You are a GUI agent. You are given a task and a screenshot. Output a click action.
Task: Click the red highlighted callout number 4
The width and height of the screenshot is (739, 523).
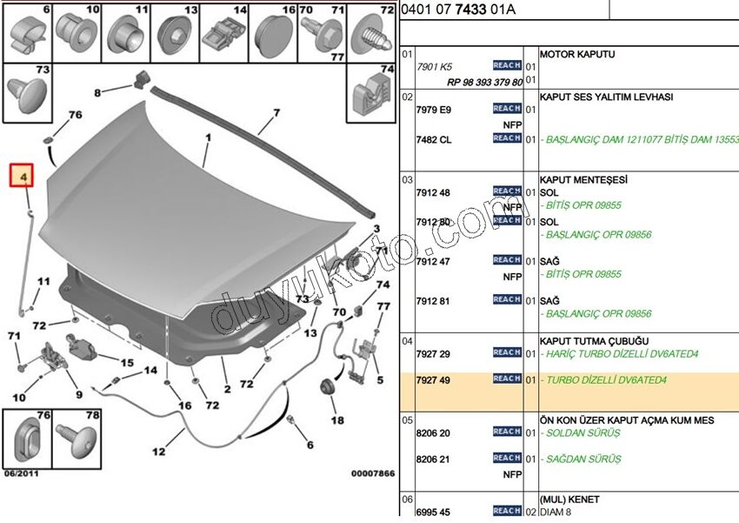click(23, 178)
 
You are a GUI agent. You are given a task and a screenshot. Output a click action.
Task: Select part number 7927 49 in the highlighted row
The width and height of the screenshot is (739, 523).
click(432, 379)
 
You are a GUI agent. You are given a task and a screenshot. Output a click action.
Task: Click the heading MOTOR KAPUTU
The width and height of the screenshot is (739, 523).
click(576, 54)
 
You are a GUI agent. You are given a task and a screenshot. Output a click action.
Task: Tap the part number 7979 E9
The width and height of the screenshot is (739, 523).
click(433, 110)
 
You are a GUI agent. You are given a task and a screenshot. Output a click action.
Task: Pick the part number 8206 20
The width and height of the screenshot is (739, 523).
click(432, 432)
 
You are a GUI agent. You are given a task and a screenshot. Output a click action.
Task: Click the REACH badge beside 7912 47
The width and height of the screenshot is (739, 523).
click(506, 260)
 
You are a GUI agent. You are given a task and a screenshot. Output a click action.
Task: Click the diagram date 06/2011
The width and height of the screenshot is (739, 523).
click(23, 473)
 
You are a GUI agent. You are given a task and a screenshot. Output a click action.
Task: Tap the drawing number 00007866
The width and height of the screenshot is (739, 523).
click(372, 473)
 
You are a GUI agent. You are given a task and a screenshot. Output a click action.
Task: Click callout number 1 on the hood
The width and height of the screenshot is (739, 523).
click(209, 137)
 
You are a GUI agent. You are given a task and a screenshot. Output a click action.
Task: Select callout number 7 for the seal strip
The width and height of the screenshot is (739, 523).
click(276, 113)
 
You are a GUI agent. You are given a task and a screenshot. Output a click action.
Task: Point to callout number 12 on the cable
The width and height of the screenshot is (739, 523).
click(158, 452)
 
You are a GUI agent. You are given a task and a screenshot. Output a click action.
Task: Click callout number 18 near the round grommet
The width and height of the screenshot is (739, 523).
click(336, 419)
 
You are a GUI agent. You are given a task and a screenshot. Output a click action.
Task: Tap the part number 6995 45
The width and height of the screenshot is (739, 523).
click(433, 511)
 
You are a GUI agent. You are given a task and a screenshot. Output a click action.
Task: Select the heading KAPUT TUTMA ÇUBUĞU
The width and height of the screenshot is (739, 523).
click(594, 341)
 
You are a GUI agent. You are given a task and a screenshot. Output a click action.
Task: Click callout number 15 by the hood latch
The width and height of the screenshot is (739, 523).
click(127, 363)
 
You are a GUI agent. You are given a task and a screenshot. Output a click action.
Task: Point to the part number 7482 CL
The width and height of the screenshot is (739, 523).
click(433, 139)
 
